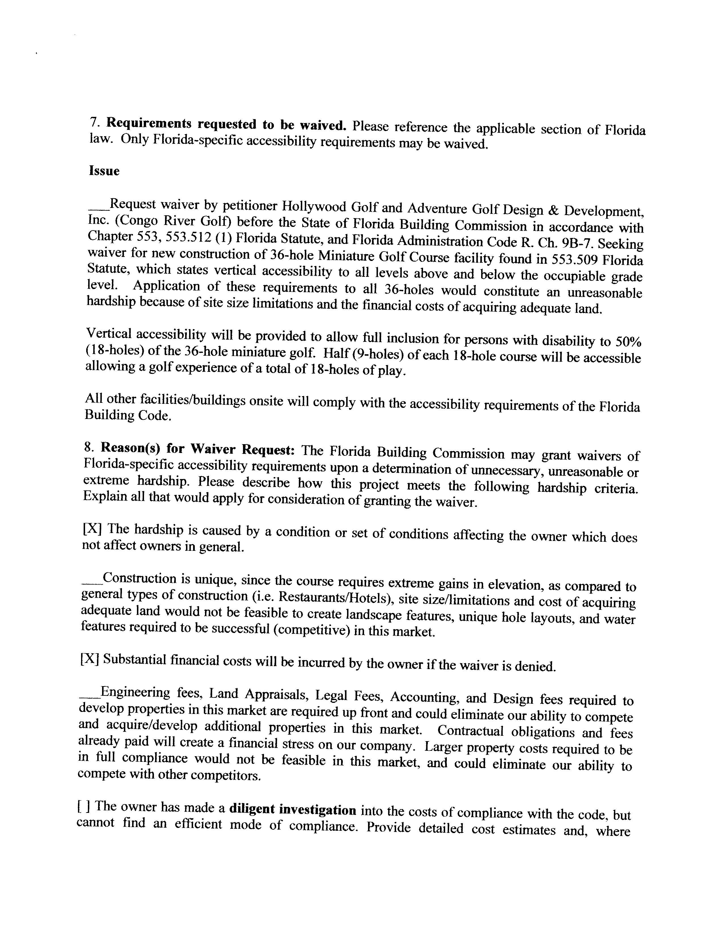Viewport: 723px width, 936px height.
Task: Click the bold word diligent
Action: (x=251, y=809)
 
